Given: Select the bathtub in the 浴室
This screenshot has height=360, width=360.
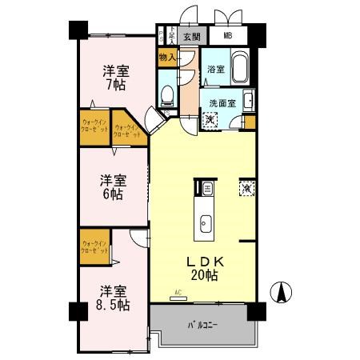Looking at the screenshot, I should [242, 66].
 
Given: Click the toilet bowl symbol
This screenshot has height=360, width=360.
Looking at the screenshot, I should [167, 97].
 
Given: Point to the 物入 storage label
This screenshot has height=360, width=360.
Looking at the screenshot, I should [167, 58].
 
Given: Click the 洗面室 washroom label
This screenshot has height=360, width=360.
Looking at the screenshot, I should [222, 102].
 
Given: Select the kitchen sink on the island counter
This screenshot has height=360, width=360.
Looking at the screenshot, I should [204, 223].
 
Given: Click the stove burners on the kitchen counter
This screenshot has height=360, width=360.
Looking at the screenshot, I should [206, 189].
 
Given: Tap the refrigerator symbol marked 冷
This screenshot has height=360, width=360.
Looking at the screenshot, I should [246, 189].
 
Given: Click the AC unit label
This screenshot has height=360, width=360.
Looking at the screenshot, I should [178, 294].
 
